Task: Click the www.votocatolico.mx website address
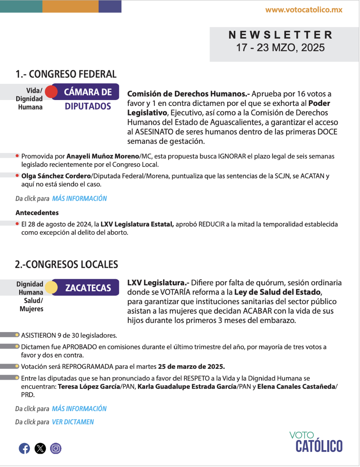(304, 10)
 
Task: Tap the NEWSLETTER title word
(280, 35)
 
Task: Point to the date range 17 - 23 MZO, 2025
(280, 47)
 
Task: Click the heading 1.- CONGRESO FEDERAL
(66, 74)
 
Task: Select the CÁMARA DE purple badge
(88, 92)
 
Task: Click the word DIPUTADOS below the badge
(88, 106)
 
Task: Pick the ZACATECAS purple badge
(88, 288)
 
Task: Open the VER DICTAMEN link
(73, 422)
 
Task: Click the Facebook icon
(24, 448)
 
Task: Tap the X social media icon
(40, 448)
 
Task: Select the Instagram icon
(56, 448)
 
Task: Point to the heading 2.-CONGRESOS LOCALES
(67, 265)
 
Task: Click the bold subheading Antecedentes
(37, 213)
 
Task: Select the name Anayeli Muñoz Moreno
(103, 156)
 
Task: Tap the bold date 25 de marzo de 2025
(191, 367)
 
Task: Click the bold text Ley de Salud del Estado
(278, 292)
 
